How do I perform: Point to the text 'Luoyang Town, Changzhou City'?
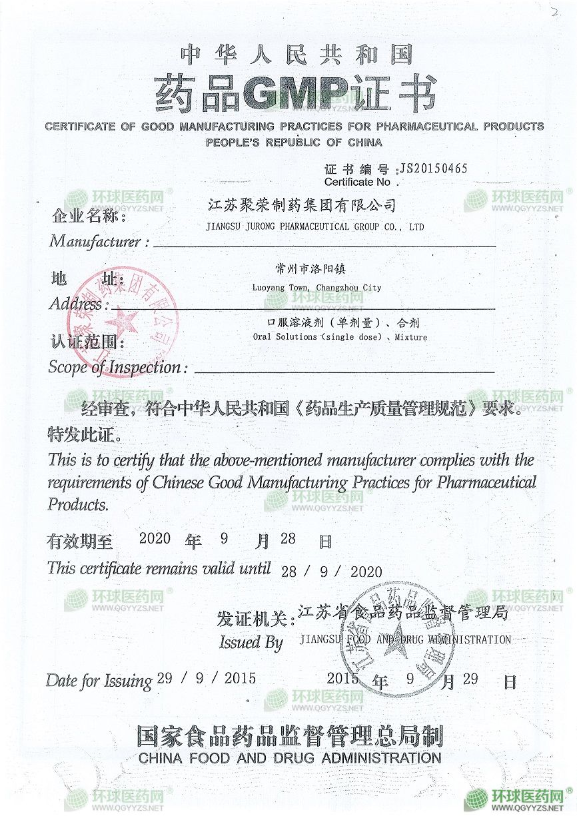[316, 287]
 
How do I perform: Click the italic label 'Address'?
[77, 304]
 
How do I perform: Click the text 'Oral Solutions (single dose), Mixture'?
[340, 337]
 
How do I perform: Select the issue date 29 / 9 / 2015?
[206, 679]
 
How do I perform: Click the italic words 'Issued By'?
[251, 642]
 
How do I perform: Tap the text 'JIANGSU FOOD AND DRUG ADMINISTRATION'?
[405, 639]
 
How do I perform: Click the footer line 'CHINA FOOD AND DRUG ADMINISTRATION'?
[290, 757]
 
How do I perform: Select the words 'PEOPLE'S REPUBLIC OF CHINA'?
[294, 142]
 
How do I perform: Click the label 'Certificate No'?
[357, 181]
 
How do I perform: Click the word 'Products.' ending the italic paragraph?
[77, 504]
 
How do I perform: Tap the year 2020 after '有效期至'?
[155, 538]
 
